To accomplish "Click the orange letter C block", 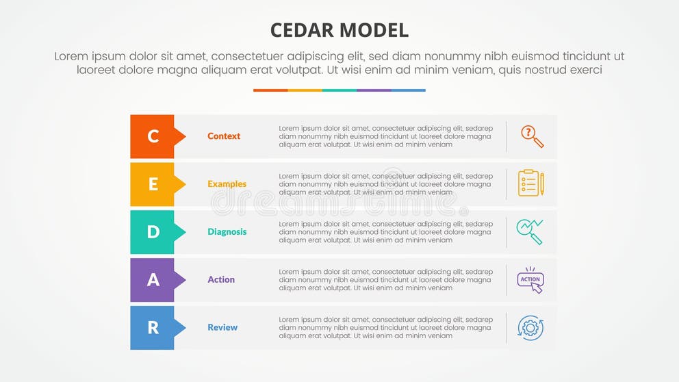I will click(153, 136).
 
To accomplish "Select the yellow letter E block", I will click(153, 184).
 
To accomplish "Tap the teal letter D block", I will click(153, 232).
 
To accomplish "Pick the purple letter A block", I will click(153, 280).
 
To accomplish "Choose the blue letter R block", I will click(153, 328).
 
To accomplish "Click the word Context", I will click(224, 136).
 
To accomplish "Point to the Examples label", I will click(227, 184).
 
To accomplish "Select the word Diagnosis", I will click(227, 232).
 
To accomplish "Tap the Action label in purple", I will click(221, 280).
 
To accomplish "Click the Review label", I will click(222, 328).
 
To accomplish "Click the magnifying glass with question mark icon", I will click(531, 136).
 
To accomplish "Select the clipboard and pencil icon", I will click(530, 183).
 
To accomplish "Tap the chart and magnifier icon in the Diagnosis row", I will click(530, 231).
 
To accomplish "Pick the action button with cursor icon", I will click(530, 280).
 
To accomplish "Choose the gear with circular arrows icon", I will click(530, 328).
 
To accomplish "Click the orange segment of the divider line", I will click(270, 90).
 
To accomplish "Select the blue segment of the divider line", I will click(409, 90).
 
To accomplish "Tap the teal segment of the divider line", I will click(339, 90).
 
